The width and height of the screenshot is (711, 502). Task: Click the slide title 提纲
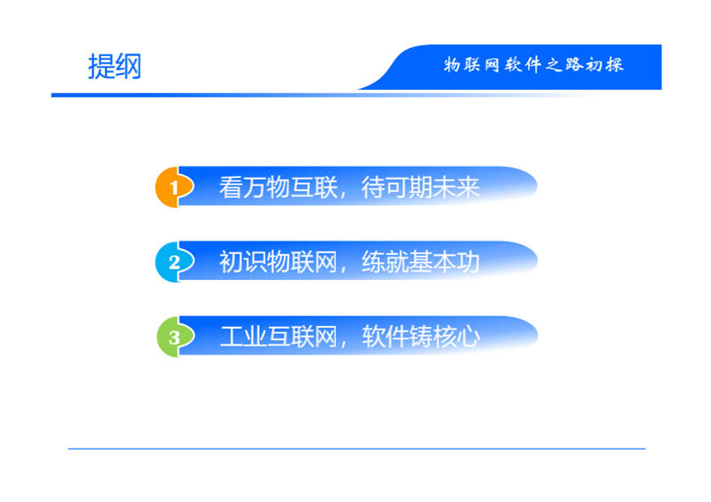pos(115,67)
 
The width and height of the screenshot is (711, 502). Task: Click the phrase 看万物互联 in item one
pos(278,187)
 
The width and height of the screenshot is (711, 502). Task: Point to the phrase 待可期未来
pos(420,187)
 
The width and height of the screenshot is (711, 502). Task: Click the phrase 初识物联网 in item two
pos(278,262)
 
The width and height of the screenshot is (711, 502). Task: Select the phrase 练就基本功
pos(420,262)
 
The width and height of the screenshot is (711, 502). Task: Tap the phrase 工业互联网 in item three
pos(278,337)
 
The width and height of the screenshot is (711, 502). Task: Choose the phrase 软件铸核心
pos(420,337)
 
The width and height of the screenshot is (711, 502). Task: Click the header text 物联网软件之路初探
pos(534,65)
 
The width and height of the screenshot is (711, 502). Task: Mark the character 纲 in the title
pos(128,67)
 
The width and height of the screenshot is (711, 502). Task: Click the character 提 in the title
pos(101,67)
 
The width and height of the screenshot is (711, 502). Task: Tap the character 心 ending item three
pos(468,337)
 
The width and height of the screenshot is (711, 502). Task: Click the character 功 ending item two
pos(468,262)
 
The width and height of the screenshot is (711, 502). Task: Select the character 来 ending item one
pos(468,187)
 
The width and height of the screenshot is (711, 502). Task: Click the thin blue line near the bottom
pos(356,449)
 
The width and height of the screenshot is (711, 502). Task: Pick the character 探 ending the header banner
pos(615,65)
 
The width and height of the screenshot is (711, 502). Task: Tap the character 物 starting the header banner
pos(452,65)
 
